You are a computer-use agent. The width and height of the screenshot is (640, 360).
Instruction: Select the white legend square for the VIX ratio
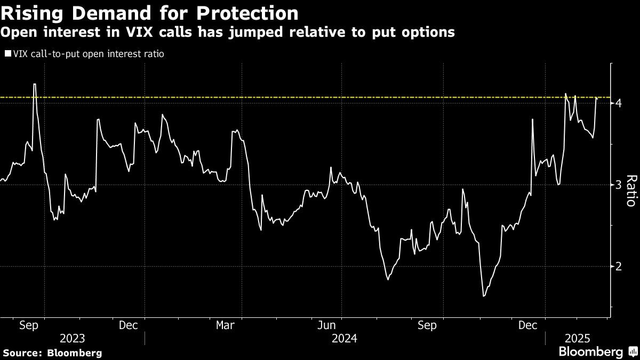(7, 54)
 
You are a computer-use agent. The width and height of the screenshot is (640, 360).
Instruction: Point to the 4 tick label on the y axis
(619, 103)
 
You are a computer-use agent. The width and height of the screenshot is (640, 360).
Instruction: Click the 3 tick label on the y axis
(619, 185)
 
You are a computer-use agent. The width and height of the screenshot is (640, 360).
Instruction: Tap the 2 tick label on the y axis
(619, 266)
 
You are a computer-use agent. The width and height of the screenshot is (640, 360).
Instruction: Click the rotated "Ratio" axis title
(630, 190)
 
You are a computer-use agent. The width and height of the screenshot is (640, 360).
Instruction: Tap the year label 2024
(345, 338)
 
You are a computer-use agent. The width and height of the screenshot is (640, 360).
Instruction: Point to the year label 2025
(577, 338)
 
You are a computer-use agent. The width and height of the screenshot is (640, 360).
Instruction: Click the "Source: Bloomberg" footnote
(52, 353)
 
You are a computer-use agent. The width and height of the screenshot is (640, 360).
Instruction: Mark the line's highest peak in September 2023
(35, 84)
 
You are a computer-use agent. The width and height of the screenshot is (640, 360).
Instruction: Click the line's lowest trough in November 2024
(484, 296)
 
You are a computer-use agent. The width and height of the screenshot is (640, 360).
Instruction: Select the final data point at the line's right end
(597, 98)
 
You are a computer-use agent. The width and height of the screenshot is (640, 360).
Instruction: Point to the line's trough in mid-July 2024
(388, 279)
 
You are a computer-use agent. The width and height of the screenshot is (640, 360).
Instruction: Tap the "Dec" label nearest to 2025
(528, 325)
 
